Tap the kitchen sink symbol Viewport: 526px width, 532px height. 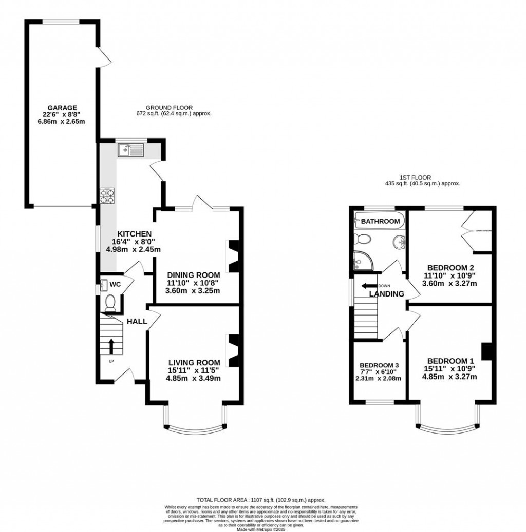(x=131, y=150)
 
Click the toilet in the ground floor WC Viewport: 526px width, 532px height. (x=109, y=304)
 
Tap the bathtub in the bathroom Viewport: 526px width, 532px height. (x=380, y=222)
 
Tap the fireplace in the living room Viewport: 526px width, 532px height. (x=233, y=350)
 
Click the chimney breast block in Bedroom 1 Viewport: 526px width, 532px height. (x=486, y=352)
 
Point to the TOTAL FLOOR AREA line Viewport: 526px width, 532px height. (x=261, y=500)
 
